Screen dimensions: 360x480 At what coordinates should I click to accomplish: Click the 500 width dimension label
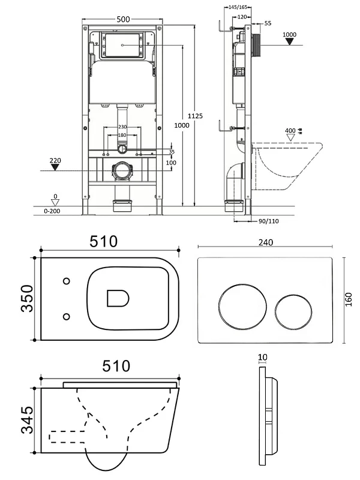coord(123,19)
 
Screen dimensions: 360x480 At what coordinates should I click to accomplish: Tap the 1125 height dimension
coord(196,116)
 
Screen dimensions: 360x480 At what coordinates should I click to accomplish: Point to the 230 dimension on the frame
coord(122,127)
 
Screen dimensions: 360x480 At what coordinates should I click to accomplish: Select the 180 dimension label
coord(122,135)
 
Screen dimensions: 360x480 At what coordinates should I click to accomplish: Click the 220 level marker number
coord(55,160)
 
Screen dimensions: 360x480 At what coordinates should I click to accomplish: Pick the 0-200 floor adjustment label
coord(52,211)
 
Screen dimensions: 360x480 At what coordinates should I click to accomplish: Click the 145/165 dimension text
coord(238,7)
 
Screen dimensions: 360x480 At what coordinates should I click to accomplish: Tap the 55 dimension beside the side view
coord(268,23)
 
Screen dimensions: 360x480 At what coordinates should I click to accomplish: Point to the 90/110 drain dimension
coord(268,221)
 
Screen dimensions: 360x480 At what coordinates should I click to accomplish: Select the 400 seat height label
coord(290,131)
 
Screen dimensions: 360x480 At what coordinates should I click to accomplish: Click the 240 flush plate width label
coord(266,242)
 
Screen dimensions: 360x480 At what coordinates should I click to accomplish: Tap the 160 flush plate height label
coord(349,299)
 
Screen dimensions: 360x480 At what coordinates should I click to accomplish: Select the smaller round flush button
coord(293,313)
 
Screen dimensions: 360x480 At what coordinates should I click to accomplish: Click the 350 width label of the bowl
coord(27,298)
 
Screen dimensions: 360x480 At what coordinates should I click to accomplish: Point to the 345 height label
coord(27,420)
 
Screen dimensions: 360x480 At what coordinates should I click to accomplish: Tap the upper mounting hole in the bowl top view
coord(67,281)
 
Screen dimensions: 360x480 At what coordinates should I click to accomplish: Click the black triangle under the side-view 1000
coord(289,41)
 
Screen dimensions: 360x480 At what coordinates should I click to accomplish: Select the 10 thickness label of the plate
coord(263,357)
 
